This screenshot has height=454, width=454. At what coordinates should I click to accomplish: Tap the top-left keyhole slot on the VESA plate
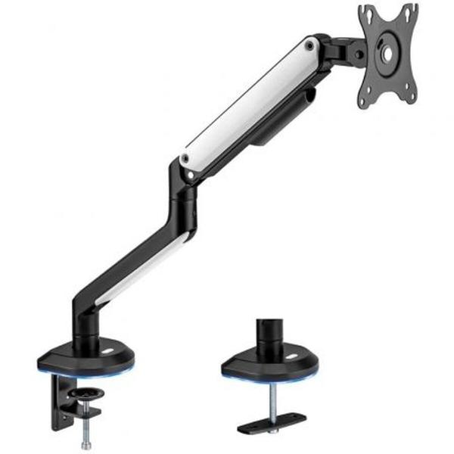click(366, 13)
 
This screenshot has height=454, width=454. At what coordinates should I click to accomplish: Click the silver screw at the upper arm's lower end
click(185, 160)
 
